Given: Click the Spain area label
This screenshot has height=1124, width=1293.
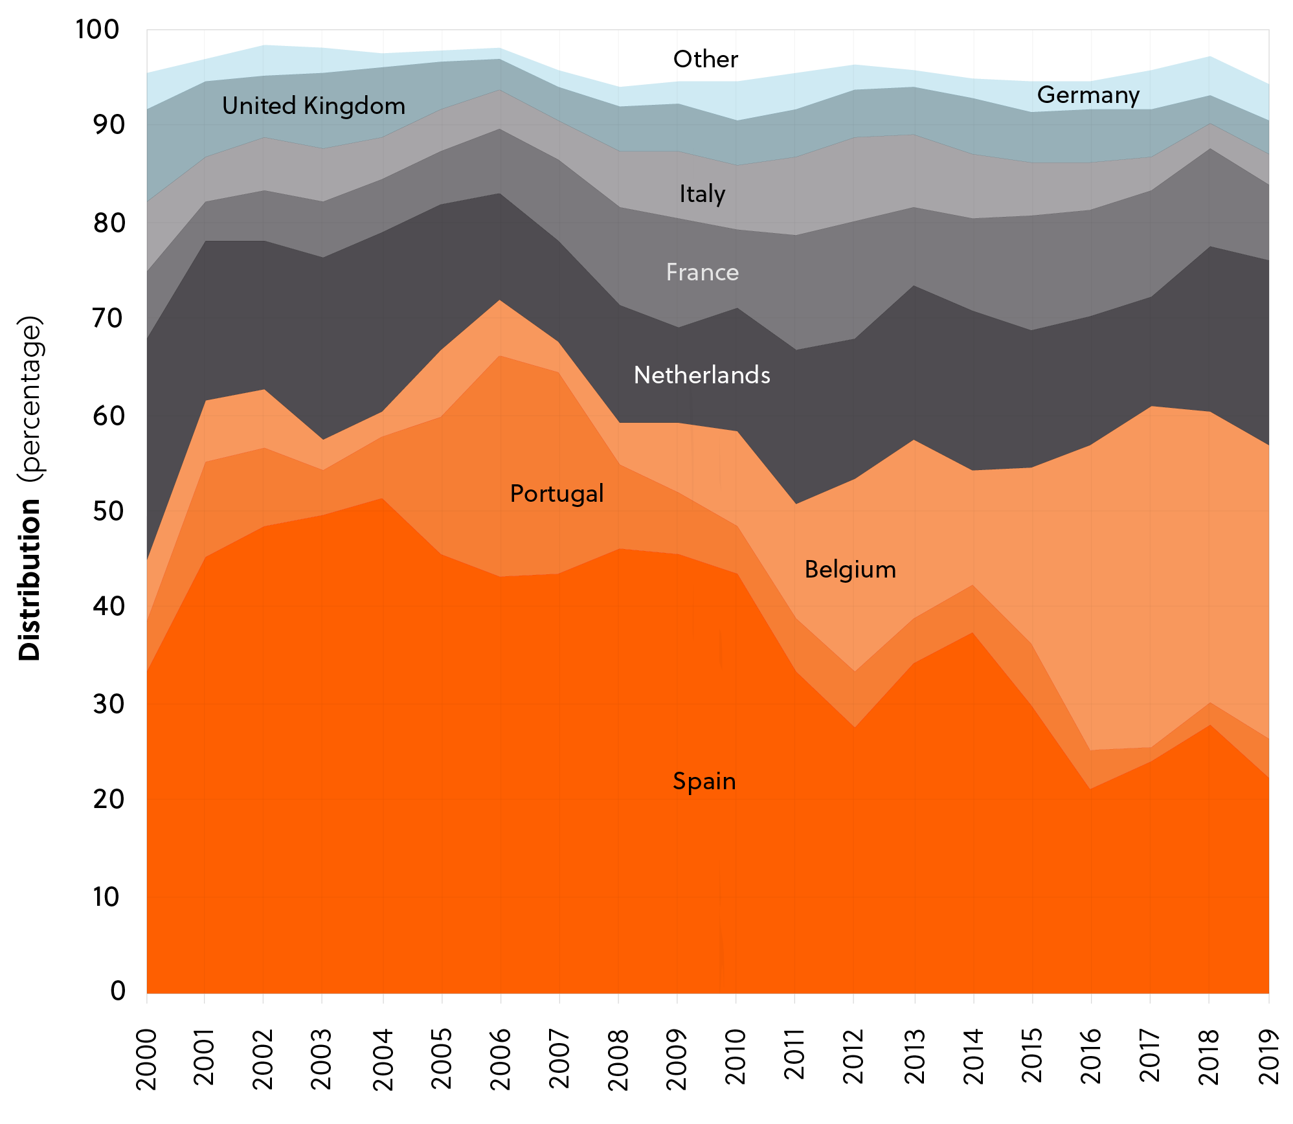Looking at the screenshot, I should [704, 781].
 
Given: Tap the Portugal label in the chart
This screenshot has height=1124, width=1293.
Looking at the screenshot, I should [557, 494].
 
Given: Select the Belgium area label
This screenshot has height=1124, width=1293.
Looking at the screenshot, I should [850, 570].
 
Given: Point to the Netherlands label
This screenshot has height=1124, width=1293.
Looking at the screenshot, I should [702, 376].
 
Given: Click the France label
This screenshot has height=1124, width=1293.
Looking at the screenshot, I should [703, 273].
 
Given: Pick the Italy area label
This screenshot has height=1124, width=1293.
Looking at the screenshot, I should [703, 194].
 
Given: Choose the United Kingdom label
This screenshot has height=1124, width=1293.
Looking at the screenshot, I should [313, 106].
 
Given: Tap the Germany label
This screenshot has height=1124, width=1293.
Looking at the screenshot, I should [1088, 95].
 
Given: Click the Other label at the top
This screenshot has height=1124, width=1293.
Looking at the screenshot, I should [706, 60].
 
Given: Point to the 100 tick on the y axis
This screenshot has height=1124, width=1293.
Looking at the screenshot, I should [98, 30].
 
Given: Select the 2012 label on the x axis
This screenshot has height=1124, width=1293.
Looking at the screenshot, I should [853, 1056].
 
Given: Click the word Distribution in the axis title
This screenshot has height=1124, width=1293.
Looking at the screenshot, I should [30, 579].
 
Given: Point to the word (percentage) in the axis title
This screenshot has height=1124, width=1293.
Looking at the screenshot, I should [30, 399].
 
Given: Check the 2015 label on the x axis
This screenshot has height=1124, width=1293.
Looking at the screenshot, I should [1032, 1056].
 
